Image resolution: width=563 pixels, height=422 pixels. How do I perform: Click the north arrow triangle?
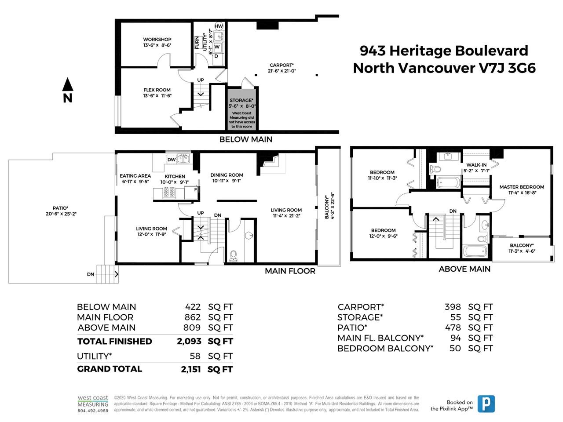point(68,84)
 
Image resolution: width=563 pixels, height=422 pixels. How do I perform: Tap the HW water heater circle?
point(219,26)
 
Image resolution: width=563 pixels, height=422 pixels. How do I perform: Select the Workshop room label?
point(157,40)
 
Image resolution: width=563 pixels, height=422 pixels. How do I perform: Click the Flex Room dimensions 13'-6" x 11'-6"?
point(157,96)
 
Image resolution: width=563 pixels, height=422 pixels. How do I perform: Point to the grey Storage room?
point(242,109)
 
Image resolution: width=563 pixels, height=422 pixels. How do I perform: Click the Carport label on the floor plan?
point(281,65)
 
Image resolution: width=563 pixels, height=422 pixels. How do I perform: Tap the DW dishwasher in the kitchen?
point(172,160)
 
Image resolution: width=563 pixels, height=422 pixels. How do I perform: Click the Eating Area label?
point(135,176)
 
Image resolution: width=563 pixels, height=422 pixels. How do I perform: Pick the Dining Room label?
point(227,175)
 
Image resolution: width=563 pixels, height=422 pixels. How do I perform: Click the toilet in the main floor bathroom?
point(233,255)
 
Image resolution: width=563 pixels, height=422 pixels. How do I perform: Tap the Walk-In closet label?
point(476,165)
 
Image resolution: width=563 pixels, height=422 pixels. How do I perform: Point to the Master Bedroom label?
point(522,187)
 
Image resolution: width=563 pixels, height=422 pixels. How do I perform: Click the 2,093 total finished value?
point(189,341)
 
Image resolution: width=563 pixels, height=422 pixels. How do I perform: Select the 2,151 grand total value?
point(191,369)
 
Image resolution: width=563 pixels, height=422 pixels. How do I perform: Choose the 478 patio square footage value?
point(453,327)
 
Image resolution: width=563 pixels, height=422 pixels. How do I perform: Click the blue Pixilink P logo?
point(486,404)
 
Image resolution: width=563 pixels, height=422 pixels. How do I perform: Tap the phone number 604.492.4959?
point(93,411)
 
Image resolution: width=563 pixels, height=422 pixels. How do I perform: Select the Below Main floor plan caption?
point(246,139)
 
